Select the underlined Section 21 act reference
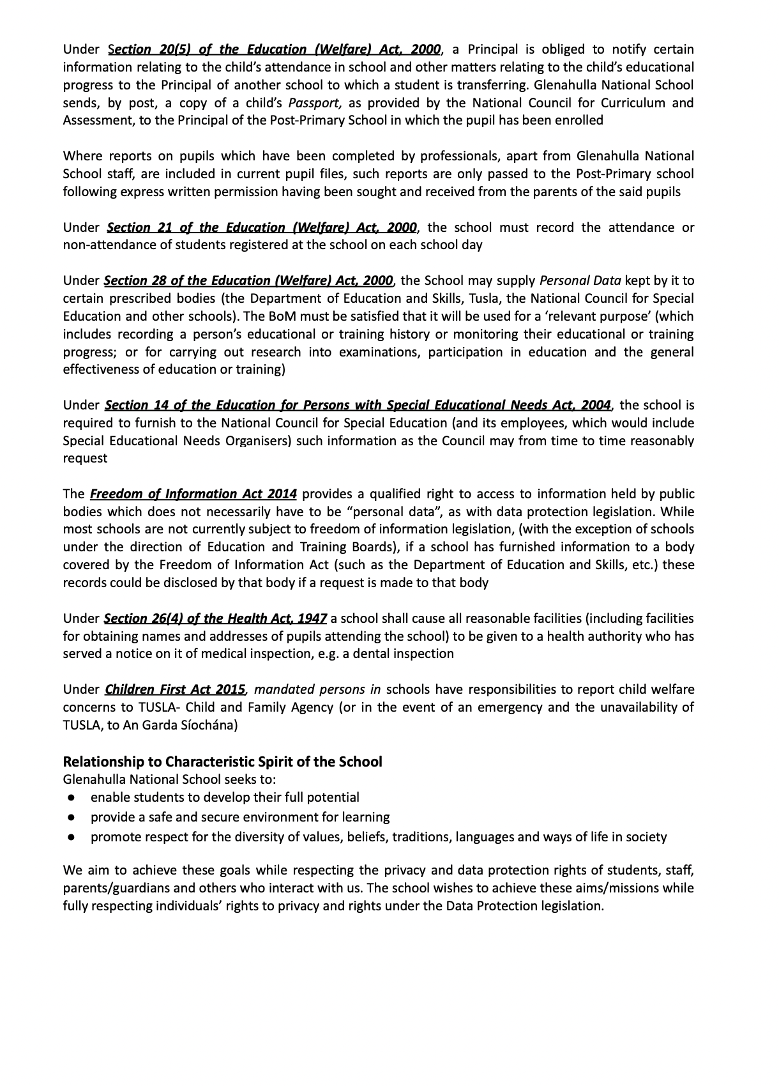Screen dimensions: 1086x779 262,228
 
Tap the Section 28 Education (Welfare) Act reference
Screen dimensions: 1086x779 248,281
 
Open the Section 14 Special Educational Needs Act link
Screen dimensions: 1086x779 358,405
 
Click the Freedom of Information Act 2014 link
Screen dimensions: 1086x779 193,494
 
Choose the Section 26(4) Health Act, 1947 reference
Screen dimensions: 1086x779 215,618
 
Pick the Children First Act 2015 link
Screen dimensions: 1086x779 175,689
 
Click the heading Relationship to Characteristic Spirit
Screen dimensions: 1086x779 222,761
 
